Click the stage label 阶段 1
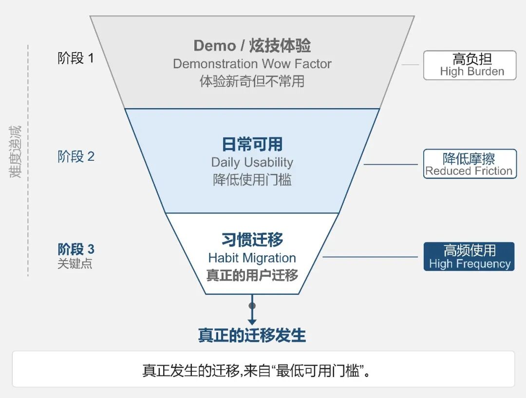click(x=76, y=58)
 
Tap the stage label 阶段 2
click(x=76, y=156)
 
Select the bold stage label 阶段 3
click(x=76, y=249)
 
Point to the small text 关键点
click(x=75, y=264)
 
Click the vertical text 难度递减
click(x=16, y=152)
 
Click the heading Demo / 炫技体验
click(x=252, y=46)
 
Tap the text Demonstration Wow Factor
click(x=252, y=64)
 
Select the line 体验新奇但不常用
click(x=252, y=81)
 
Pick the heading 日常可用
click(x=252, y=144)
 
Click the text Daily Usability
click(x=252, y=162)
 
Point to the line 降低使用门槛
click(x=252, y=180)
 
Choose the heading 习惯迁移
click(x=252, y=240)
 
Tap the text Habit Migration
click(x=252, y=258)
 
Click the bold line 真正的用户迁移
click(x=252, y=275)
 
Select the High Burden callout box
click(x=470, y=65)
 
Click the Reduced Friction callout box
click(x=470, y=164)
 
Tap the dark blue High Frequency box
click(x=469, y=257)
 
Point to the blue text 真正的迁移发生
click(x=252, y=336)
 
